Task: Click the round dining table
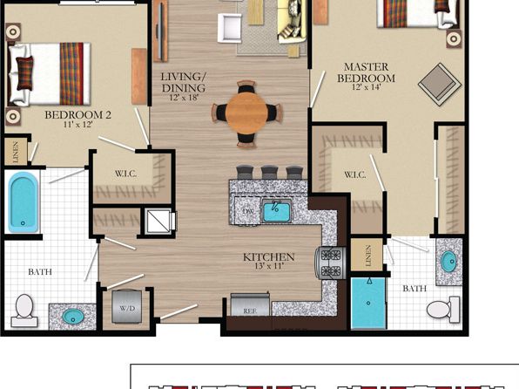coord(246,113)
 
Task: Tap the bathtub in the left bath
coord(23,202)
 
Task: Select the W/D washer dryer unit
coord(127,306)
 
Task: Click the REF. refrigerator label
coord(250,311)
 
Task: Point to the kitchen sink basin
coord(276,212)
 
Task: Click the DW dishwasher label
coord(247,211)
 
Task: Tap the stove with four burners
coord(330,263)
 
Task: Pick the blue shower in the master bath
coord(368,304)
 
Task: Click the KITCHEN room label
coord(268,257)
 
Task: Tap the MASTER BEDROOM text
coord(366,72)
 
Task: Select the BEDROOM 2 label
coord(78,115)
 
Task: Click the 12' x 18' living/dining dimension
coord(184,98)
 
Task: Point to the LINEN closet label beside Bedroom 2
coord(15,152)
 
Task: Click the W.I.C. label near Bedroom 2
coord(125,174)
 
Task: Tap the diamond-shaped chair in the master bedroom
coord(440,85)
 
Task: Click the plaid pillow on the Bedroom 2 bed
coord(25,73)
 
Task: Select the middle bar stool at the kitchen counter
coord(269,173)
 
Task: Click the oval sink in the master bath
coord(448,262)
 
